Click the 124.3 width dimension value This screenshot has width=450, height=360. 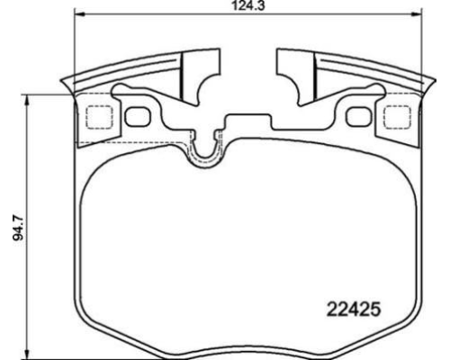point(248,5)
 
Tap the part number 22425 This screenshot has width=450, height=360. point(354,310)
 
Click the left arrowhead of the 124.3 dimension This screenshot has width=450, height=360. point(78,13)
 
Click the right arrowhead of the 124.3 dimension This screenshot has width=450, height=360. point(417,13)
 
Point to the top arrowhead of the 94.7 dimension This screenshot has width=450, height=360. point(27,100)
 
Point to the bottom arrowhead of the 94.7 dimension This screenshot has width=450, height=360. point(27,353)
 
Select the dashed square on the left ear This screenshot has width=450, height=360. point(100,117)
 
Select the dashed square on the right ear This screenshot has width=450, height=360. point(398,117)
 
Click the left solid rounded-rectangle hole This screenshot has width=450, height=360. point(137,117)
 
